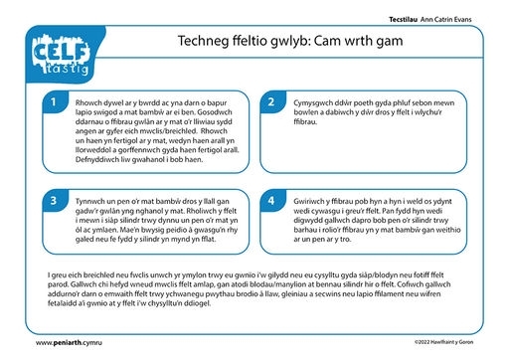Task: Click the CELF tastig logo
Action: click(x=62, y=54)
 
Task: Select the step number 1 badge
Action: click(x=54, y=102)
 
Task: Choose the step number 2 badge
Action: click(x=271, y=102)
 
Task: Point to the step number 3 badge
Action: click(x=54, y=201)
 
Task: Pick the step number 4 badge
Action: click(x=271, y=201)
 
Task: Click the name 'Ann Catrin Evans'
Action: click(x=445, y=20)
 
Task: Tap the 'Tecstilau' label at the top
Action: click(x=403, y=20)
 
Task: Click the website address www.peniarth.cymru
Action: click(x=69, y=343)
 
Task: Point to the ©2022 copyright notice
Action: click(x=443, y=342)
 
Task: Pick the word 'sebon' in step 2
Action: click(x=421, y=102)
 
